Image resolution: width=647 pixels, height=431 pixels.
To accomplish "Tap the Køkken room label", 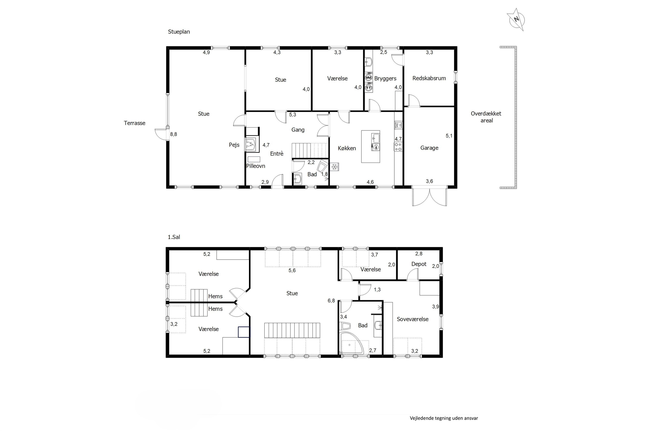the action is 347,148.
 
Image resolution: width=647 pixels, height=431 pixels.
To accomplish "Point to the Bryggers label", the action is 385,79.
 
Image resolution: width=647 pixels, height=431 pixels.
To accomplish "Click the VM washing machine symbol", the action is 368,78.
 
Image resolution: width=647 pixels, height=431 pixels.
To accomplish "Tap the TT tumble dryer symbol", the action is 368,88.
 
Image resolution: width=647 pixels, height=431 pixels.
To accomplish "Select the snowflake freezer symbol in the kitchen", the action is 334,167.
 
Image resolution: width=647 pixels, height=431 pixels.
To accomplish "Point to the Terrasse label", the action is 135,123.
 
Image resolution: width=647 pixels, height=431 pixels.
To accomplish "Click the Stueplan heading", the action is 179,32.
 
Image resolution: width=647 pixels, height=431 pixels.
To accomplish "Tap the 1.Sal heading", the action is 174,237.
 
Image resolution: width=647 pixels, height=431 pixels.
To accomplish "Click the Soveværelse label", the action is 413,319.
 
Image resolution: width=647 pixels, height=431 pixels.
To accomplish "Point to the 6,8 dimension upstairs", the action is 331,301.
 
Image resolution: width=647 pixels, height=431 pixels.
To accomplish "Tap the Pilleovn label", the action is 256,166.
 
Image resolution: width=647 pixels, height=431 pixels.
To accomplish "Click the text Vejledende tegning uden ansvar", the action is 444,418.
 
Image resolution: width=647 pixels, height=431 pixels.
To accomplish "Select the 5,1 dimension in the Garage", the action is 449,136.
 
